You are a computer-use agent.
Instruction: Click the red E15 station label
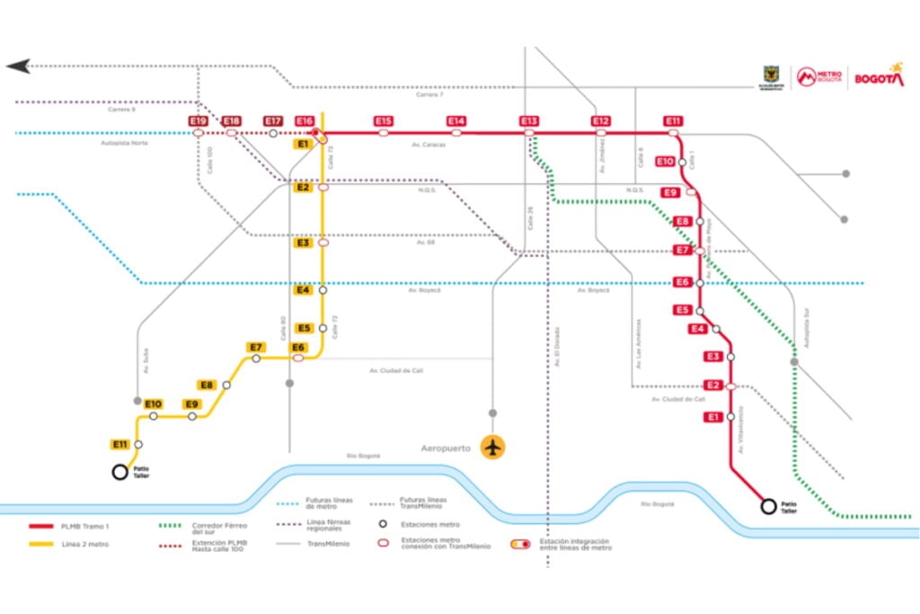point(384,121)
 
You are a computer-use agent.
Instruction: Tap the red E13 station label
point(528,121)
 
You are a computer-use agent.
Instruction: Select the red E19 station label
point(199,121)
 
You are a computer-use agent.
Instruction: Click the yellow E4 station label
point(303,289)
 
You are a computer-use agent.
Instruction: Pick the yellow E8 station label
point(208,385)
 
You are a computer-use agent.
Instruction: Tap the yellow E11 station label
point(120,444)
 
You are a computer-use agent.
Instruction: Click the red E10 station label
point(665,161)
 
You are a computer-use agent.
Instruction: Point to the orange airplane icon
point(492,447)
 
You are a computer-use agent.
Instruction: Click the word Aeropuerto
point(447,448)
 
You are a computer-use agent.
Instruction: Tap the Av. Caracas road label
point(429,144)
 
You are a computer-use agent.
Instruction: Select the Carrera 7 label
point(429,94)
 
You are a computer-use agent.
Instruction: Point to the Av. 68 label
point(426,243)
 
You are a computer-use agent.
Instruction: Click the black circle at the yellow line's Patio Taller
point(119,472)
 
